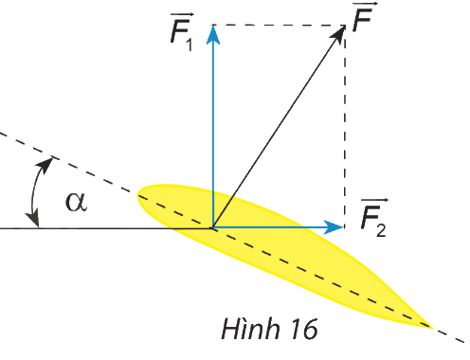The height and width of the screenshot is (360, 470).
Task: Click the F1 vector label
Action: pyautogui.click(x=182, y=32)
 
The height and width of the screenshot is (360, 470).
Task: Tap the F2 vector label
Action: pyautogui.click(x=374, y=218)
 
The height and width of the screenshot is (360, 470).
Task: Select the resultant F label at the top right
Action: pyautogui.click(x=364, y=16)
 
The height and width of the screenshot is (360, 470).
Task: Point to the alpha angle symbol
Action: pyautogui.click(x=76, y=202)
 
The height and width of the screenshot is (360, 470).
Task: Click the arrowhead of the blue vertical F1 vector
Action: pyautogui.click(x=213, y=35)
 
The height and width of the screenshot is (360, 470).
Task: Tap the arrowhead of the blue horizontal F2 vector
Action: pyautogui.click(x=334, y=227)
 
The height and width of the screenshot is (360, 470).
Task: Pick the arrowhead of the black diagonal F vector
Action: pyautogui.click(x=338, y=35)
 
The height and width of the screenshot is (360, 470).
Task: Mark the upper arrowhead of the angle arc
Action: pyautogui.click(x=46, y=165)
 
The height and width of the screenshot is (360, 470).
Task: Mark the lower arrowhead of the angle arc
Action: pyautogui.click(x=33, y=219)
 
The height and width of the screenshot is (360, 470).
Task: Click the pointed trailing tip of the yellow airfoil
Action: pyautogui.click(x=432, y=327)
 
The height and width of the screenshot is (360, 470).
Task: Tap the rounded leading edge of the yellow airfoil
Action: pyautogui.click(x=138, y=193)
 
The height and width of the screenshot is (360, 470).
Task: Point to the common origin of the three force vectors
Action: pyautogui.click(x=213, y=227)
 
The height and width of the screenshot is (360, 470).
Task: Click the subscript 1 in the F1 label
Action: pyautogui.click(x=190, y=45)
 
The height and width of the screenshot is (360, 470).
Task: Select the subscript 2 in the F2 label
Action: pyautogui.click(x=381, y=230)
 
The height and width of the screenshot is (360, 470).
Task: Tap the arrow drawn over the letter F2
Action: pyautogui.click(x=374, y=201)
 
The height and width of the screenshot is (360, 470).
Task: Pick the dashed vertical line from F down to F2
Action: pyautogui.click(x=345, y=126)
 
